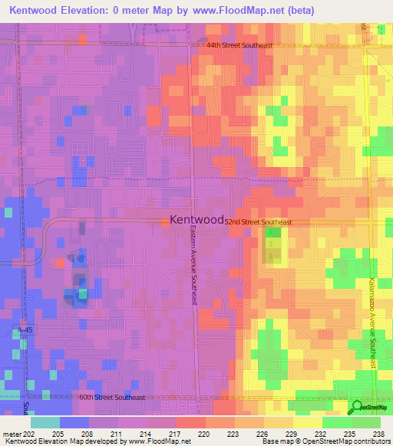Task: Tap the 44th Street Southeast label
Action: pyautogui.click(x=239, y=46)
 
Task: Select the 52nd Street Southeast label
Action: pyautogui.click(x=258, y=222)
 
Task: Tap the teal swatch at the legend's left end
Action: pyautogui.click(x=45, y=422)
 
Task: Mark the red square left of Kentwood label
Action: pyautogui.click(x=166, y=221)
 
